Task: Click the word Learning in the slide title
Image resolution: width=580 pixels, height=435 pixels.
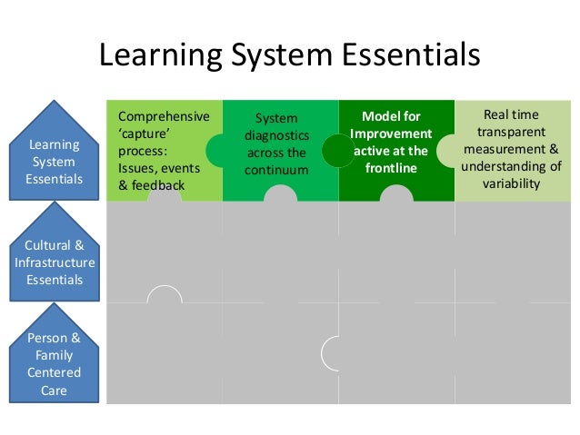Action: tap(157, 56)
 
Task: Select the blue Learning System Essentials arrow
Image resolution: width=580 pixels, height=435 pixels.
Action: tap(55, 154)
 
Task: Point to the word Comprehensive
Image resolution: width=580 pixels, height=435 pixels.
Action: tap(164, 117)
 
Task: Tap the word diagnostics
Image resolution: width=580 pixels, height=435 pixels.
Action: tap(280, 135)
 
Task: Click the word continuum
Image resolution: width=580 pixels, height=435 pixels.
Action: tap(280, 170)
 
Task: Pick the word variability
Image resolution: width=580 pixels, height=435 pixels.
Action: tap(511, 183)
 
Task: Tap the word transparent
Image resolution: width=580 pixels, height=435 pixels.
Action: tap(511, 132)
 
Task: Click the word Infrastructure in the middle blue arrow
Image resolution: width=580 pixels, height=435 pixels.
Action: tap(55, 262)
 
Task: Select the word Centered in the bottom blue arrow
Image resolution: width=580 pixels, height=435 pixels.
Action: tap(55, 372)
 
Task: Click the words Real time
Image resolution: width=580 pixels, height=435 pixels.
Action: tap(511, 114)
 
